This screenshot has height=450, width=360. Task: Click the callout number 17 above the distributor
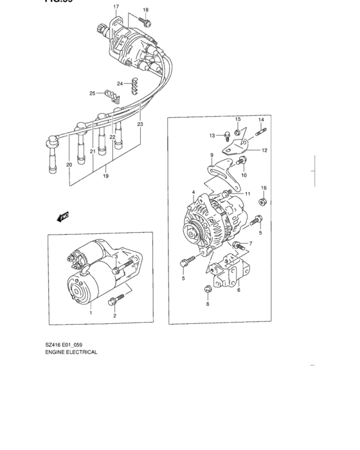tap(116, 7)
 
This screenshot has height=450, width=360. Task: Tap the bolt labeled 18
tap(148, 23)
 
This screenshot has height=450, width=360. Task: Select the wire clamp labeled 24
tap(135, 84)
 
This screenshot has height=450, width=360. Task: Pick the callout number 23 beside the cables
tap(139, 123)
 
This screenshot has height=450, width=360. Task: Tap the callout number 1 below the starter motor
tap(91, 312)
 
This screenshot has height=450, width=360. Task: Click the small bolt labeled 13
tap(228, 135)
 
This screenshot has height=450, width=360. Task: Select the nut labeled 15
tap(238, 132)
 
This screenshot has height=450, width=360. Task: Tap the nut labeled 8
tap(208, 290)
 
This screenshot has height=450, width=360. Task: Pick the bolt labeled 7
tap(237, 244)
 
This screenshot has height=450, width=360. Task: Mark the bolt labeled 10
tap(242, 160)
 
